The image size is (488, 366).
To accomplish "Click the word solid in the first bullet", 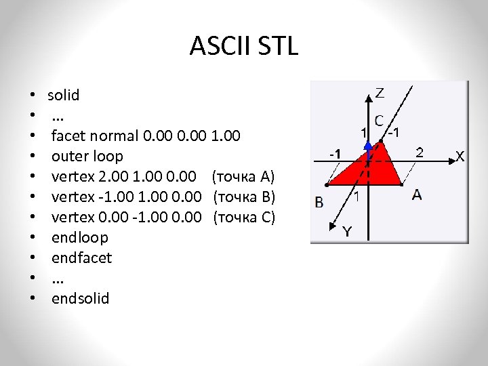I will tap(63, 95).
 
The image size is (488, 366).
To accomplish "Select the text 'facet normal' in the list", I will tap(96, 136).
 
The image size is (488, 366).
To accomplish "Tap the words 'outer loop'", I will tap(87, 156).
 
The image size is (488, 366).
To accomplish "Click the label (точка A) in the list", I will tap(243, 177).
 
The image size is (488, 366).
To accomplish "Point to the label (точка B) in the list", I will tap(244, 197).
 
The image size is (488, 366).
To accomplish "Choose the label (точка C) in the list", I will tap(244, 218).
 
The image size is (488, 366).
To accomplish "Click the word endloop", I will tap(79, 237).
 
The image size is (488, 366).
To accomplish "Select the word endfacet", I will tap(82, 258).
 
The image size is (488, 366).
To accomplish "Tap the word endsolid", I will tap(80, 298).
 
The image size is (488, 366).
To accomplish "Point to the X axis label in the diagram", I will tap(460, 157).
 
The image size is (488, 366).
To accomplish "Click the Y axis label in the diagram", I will tap(346, 232).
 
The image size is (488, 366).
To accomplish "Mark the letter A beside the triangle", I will tap(417, 195).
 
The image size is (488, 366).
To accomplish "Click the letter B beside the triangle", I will tap(319, 201).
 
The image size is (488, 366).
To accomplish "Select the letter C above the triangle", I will tap(379, 120).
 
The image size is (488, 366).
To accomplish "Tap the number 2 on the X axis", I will tap(420, 152).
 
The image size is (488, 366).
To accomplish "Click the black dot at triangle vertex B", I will tap(327, 184).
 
